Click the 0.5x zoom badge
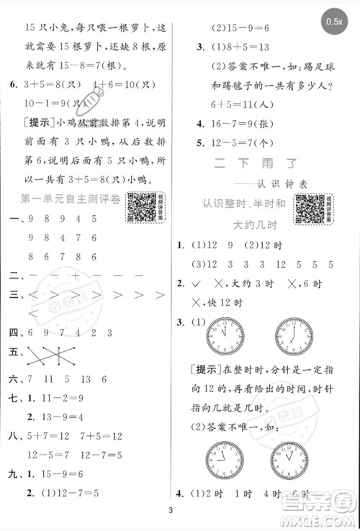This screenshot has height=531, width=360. (x=334, y=22)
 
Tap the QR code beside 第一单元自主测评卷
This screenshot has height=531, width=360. (x=141, y=207)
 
